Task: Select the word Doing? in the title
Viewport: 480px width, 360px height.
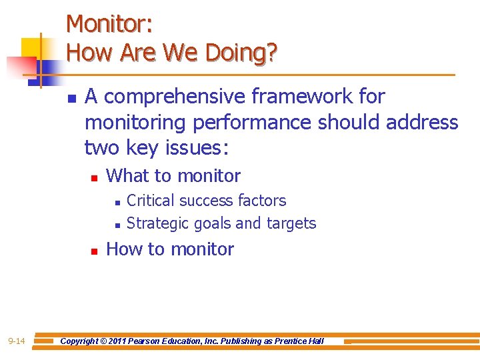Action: coord(241,53)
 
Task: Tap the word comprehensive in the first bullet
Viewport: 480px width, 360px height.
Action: coord(171,97)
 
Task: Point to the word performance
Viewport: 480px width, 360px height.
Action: coord(253,123)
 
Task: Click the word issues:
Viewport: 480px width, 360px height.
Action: coord(196,149)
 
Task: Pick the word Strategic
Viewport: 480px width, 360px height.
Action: coord(157,223)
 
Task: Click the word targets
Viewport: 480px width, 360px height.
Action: coord(291,223)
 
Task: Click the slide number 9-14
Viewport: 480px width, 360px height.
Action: coord(17,342)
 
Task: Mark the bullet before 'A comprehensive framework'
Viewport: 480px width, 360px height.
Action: coord(71,99)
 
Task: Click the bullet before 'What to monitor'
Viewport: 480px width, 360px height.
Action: coord(94,178)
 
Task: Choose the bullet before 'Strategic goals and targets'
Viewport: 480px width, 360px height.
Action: coord(116,225)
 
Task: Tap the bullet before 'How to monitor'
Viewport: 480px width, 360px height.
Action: coord(94,251)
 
